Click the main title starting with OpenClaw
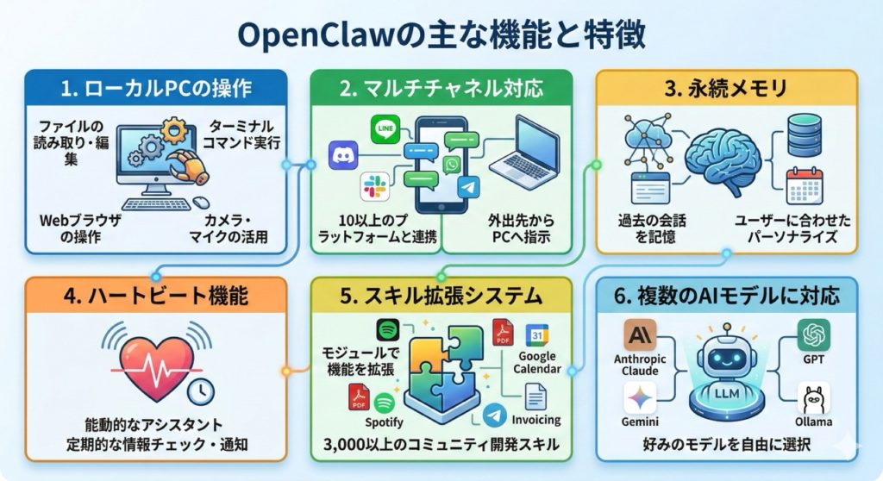tap(441, 37)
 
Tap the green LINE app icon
tap(385, 132)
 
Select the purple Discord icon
tap(341, 156)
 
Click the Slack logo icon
tap(374, 185)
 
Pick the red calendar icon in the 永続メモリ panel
tap(805, 186)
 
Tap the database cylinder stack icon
tap(806, 135)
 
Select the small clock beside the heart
tap(201, 392)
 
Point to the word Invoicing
tap(536, 420)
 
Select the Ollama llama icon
tap(813, 397)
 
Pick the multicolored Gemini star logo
tap(641, 397)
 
